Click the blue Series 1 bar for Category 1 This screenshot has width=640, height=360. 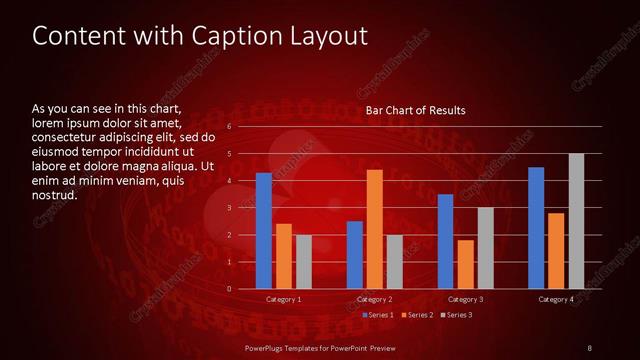[x=264, y=231]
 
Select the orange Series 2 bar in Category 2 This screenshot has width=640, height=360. [x=375, y=229]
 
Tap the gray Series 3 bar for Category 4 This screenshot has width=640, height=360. [x=576, y=221]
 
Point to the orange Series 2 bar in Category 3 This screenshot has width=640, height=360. [x=465, y=264]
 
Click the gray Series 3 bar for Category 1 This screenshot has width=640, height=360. [x=304, y=262]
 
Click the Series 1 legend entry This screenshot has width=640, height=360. [x=379, y=315]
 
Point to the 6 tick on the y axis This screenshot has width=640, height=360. [x=229, y=127]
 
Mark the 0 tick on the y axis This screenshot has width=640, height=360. [x=229, y=289]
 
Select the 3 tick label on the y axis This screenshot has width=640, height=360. [x=229, y=208]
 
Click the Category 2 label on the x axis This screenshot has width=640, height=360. [x=374, y=299]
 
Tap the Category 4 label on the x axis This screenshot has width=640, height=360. [x=556, y=299]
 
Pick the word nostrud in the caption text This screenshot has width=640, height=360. [x=55, y=195]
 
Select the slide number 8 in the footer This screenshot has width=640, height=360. [x=589, y=347]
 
